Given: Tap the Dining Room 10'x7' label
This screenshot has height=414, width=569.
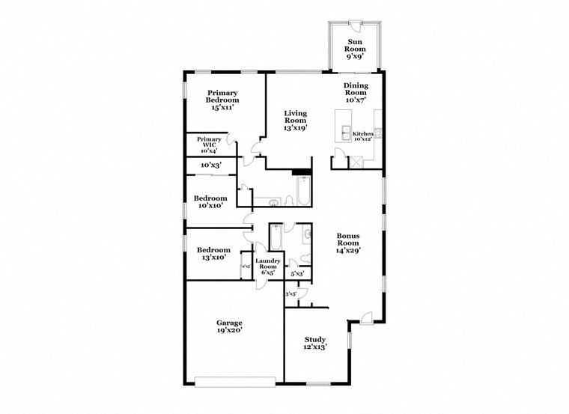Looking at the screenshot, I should (x=356, y=93).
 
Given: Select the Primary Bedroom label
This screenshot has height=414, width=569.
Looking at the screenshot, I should (x=222, y=100).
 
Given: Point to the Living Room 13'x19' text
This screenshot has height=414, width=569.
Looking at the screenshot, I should (x=295, y=121).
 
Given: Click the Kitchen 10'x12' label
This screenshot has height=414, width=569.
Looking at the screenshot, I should (x=363, y=136).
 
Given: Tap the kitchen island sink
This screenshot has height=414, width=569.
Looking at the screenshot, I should (x=345, y=133).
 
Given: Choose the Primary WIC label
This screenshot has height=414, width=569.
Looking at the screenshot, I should (x=209, y=144).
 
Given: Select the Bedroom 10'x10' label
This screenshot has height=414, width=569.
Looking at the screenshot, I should (x=210, y=202).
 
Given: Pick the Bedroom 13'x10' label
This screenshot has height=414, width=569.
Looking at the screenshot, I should (x=213, y=254).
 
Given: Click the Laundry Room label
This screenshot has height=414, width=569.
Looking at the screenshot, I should (x=268, y=267).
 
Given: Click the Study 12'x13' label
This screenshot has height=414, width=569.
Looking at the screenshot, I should (x=314, y=344).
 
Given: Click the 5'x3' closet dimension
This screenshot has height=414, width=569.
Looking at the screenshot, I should (x=296, y=274).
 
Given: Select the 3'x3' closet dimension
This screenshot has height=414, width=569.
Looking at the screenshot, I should (x=291, y=294).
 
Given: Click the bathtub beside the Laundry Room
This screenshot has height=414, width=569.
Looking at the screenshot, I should (x=275, y=238).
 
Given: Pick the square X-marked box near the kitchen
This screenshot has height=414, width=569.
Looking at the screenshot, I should (x=356, y=161).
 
